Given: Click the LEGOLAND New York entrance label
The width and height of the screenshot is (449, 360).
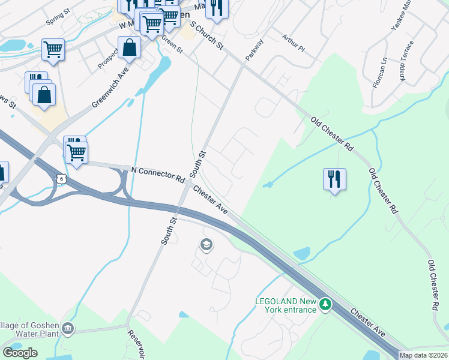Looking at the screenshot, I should point(285,305).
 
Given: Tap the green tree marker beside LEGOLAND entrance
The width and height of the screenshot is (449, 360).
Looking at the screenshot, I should point(325,305).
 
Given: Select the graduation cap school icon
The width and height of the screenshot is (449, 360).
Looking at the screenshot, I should point(206,244).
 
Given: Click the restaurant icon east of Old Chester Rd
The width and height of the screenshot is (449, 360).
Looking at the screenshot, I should point(334,179).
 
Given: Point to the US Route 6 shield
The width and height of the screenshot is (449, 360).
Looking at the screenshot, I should point(61,179).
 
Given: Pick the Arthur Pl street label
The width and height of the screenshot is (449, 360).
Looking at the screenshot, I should point(293,42).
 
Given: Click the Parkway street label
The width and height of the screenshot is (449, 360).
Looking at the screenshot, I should point(255,50).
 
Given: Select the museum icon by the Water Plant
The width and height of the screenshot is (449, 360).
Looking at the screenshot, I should point(68,329).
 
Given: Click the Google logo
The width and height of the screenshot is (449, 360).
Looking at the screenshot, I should point(20,353).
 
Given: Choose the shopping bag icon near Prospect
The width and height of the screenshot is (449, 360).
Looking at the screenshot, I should point(129,47).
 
